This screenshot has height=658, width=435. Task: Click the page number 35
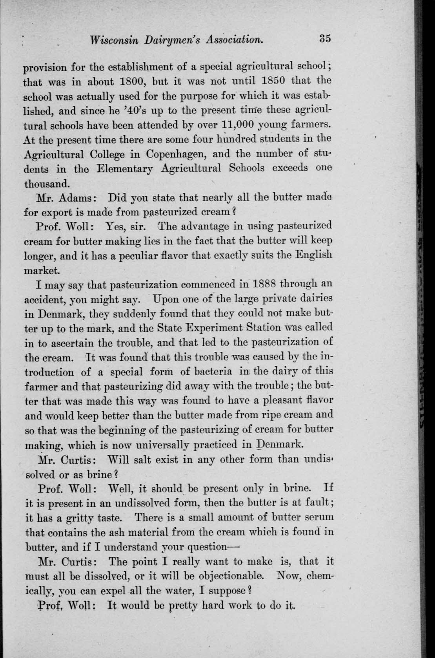click(325, 39)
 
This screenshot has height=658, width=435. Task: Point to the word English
click(315, 255)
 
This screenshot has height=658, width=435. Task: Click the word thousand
click(47, 183)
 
